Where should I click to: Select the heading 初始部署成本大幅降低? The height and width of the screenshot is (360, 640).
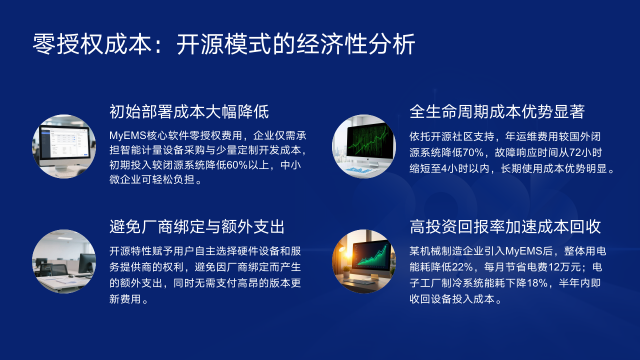(189, 111)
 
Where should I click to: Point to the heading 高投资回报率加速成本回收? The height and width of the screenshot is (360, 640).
(506, 227)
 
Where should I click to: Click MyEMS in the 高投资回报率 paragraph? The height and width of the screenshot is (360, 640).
(527, 249)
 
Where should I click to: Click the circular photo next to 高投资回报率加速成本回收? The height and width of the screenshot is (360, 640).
(363, 262)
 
